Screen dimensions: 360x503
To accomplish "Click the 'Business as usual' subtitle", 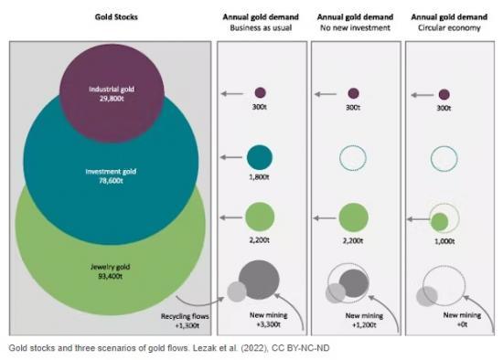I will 260,28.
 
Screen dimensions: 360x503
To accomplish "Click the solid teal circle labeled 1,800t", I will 260,157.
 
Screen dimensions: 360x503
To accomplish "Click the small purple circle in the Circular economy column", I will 444,94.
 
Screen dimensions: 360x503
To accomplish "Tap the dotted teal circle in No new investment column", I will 354,157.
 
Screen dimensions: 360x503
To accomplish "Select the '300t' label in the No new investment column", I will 354,108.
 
